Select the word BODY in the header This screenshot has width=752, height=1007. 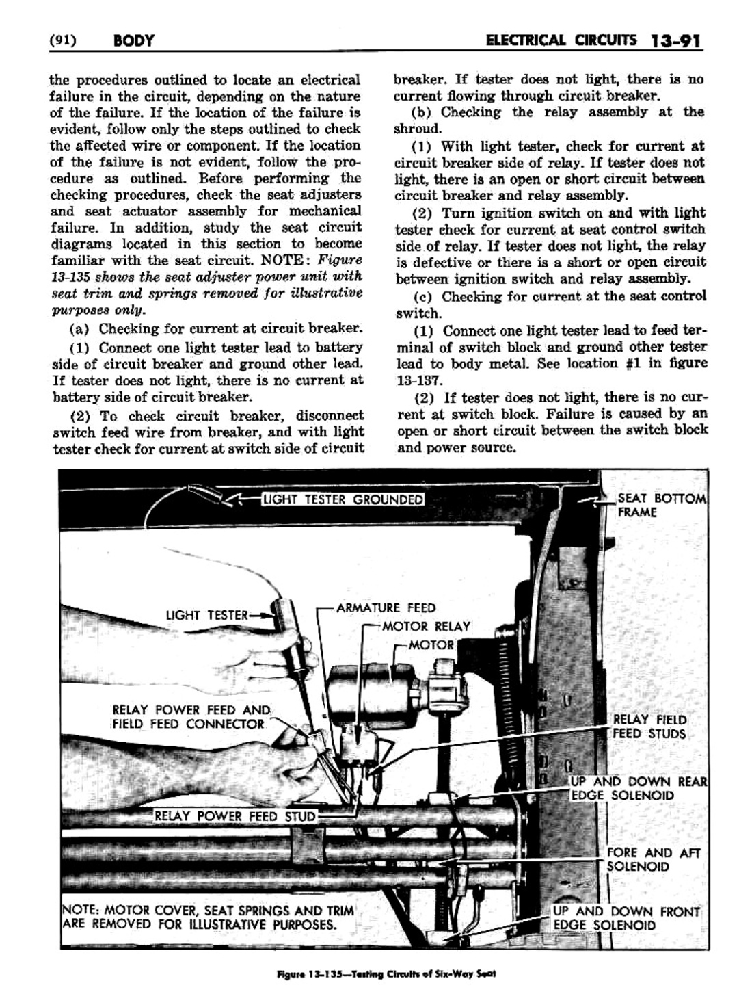click(133, 41)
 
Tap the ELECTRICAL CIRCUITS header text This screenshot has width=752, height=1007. click(560, 40)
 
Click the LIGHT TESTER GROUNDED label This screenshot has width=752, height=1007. click(343, 499)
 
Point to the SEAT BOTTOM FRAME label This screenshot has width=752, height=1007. click(660, 505)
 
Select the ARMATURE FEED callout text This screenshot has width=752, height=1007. click(386, 607)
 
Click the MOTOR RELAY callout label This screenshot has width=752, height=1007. click(426, 626)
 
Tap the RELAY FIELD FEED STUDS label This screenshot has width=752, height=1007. click(649, 727)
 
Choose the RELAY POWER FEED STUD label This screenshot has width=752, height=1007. click(235, 815)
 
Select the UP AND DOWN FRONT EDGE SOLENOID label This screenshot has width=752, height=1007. click(626, 918)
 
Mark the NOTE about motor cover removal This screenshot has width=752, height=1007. click(209, 917)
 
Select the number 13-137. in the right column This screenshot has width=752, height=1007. click(419, 380)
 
